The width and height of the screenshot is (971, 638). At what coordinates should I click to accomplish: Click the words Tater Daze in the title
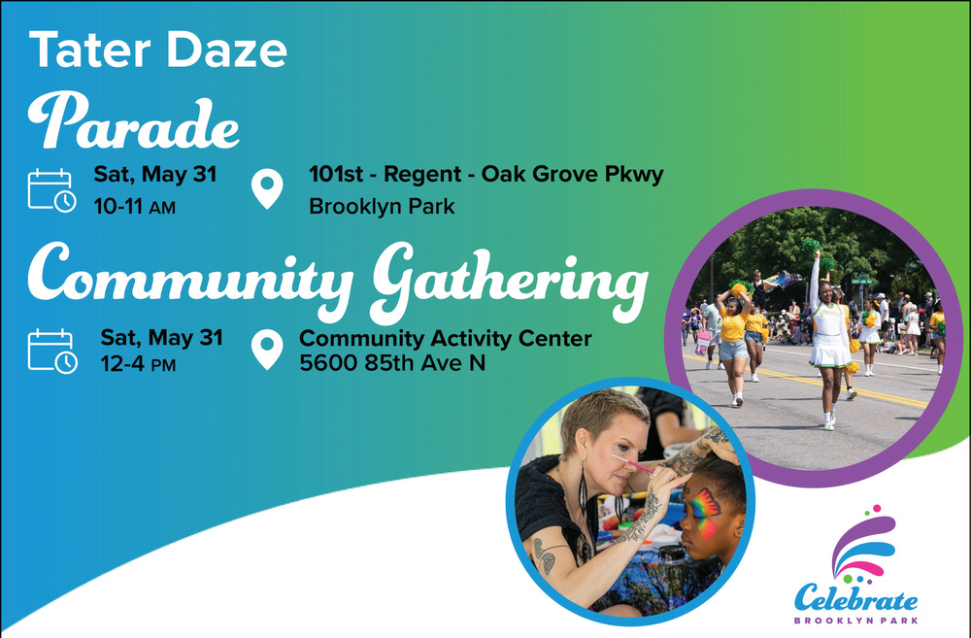(158, 50)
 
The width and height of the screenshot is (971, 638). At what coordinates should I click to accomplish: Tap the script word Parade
(133, 121)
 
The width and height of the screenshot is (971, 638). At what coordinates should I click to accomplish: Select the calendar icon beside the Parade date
(52, 190)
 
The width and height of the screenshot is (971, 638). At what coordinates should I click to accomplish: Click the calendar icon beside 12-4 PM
(52, 352)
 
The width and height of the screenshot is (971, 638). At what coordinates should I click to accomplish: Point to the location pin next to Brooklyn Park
(267, 189)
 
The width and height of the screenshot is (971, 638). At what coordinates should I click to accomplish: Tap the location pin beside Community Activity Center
(267, 350)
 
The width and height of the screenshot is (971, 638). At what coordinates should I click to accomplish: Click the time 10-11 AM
(134, 207)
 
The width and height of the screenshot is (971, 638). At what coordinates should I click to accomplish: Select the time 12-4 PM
(138, 364)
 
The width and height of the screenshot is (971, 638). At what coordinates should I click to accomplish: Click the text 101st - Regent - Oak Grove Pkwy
(486, 174)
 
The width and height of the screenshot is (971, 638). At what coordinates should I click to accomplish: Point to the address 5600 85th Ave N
(392, 363)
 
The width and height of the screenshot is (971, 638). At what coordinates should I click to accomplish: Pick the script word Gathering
(509, 282)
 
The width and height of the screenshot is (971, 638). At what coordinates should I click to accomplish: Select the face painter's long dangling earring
(582, 490)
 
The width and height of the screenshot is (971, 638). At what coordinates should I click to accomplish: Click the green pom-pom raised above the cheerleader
(811, 248)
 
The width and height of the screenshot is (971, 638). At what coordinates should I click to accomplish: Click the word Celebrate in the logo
(855, 598)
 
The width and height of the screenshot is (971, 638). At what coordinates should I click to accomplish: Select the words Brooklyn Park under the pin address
(382, 206)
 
